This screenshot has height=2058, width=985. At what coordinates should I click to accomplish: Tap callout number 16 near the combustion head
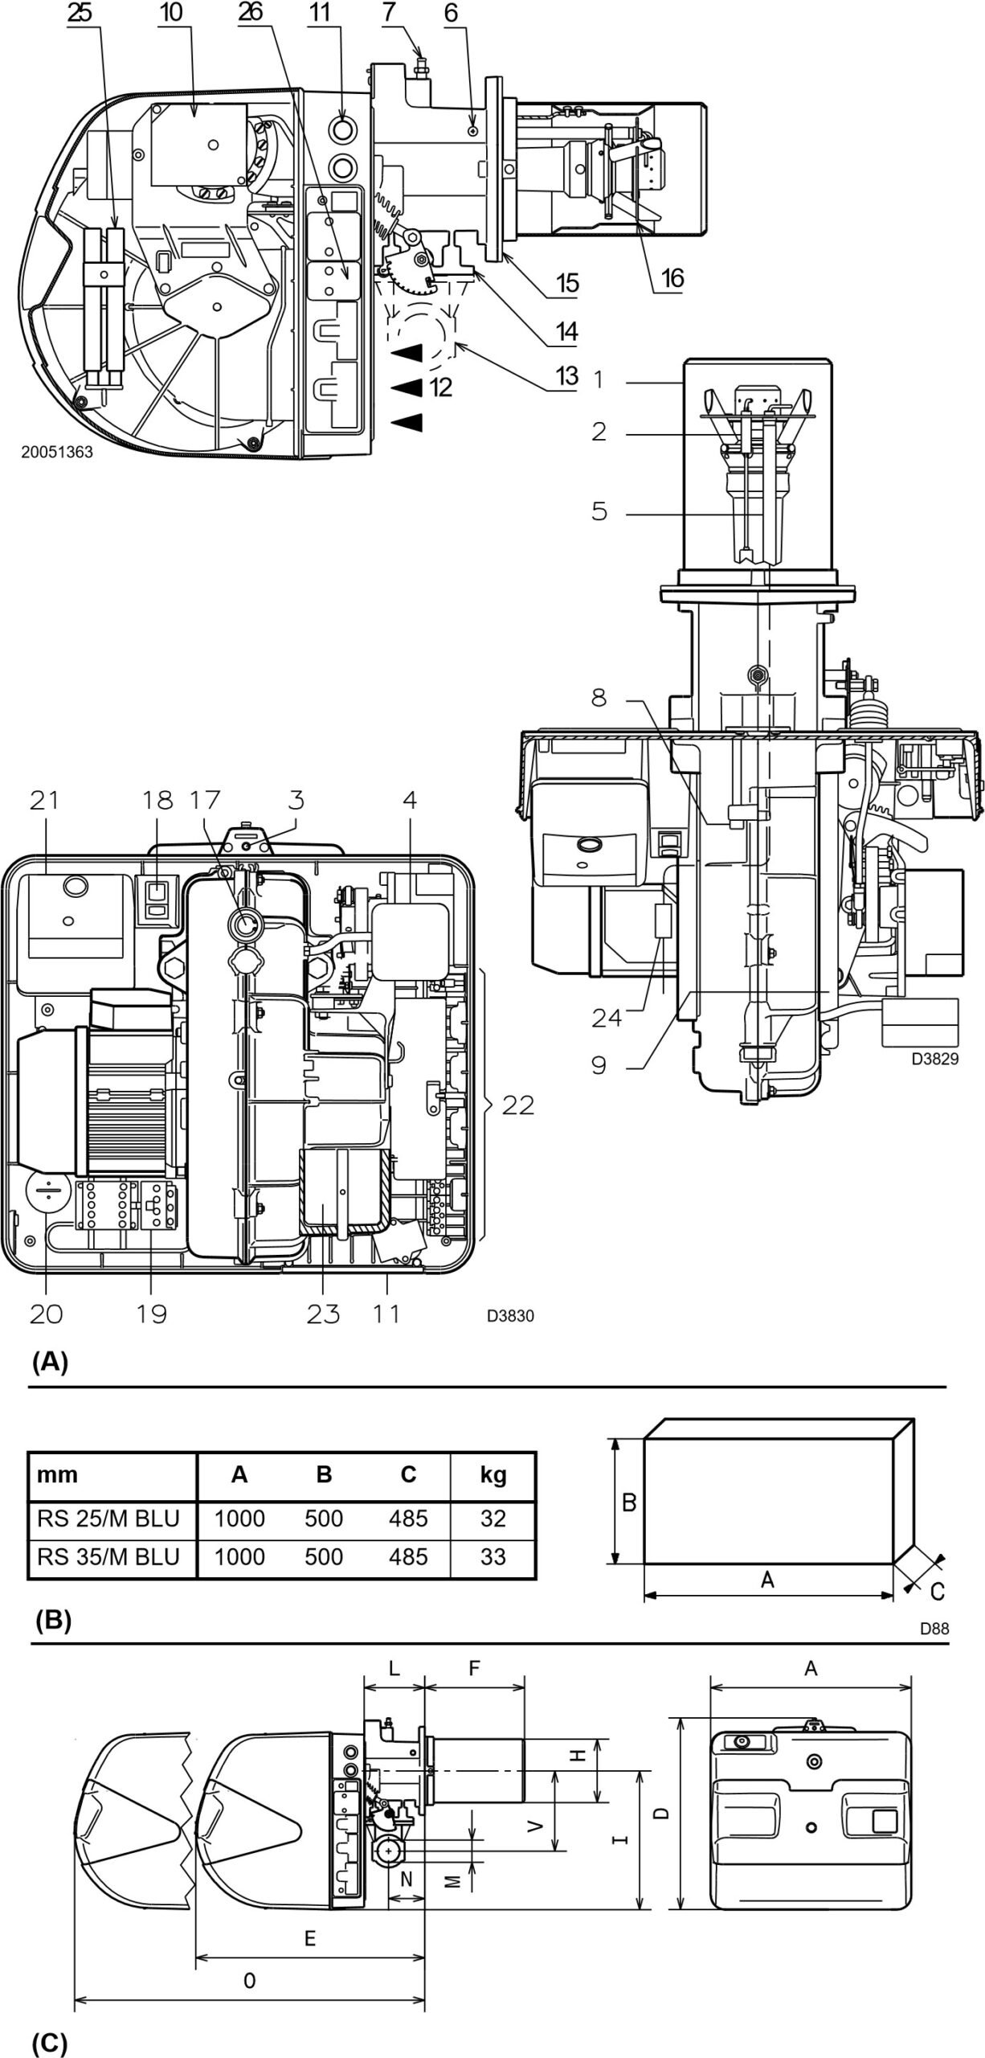pyautogui.click(x=672, y=278)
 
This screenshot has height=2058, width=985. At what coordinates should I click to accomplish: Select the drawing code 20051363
pyautogui.click(x=57, y=453)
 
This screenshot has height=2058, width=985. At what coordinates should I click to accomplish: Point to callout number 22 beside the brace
pyautogui.click(x=517, y=1105)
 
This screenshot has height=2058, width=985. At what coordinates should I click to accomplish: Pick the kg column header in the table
pyautogui.click(x=492, y=1474)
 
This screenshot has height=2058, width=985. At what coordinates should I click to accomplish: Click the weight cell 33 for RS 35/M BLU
pyautogui.click(x=492, y=1556)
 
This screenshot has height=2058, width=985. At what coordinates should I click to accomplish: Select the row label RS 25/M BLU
pyautogui.click(x=108, y=1518)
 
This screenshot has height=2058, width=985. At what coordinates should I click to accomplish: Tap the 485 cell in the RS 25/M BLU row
pyautogui.click(x=408, y=1518)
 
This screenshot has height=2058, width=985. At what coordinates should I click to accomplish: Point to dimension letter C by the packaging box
pyautogui.click(x=937, y=1590)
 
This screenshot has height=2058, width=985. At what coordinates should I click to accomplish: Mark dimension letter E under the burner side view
pyautogui.click(x=310, y=1938)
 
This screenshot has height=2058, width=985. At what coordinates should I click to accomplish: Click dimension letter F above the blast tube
pyautogui.click(x=474, y=1668)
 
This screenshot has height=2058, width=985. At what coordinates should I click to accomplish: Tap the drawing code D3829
pyautogui.click(x=934, y=1059)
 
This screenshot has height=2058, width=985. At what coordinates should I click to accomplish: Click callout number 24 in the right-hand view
pyautogui.click(x=606, y=1018)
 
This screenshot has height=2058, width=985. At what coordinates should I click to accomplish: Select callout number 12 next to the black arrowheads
pyautogui.click(x=440, y=387)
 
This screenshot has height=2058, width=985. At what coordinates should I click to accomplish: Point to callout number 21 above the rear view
pyautogui.click(x=44, y=800)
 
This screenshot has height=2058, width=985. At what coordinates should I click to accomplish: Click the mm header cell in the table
pyautogui.click(x=58, y=1474)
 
